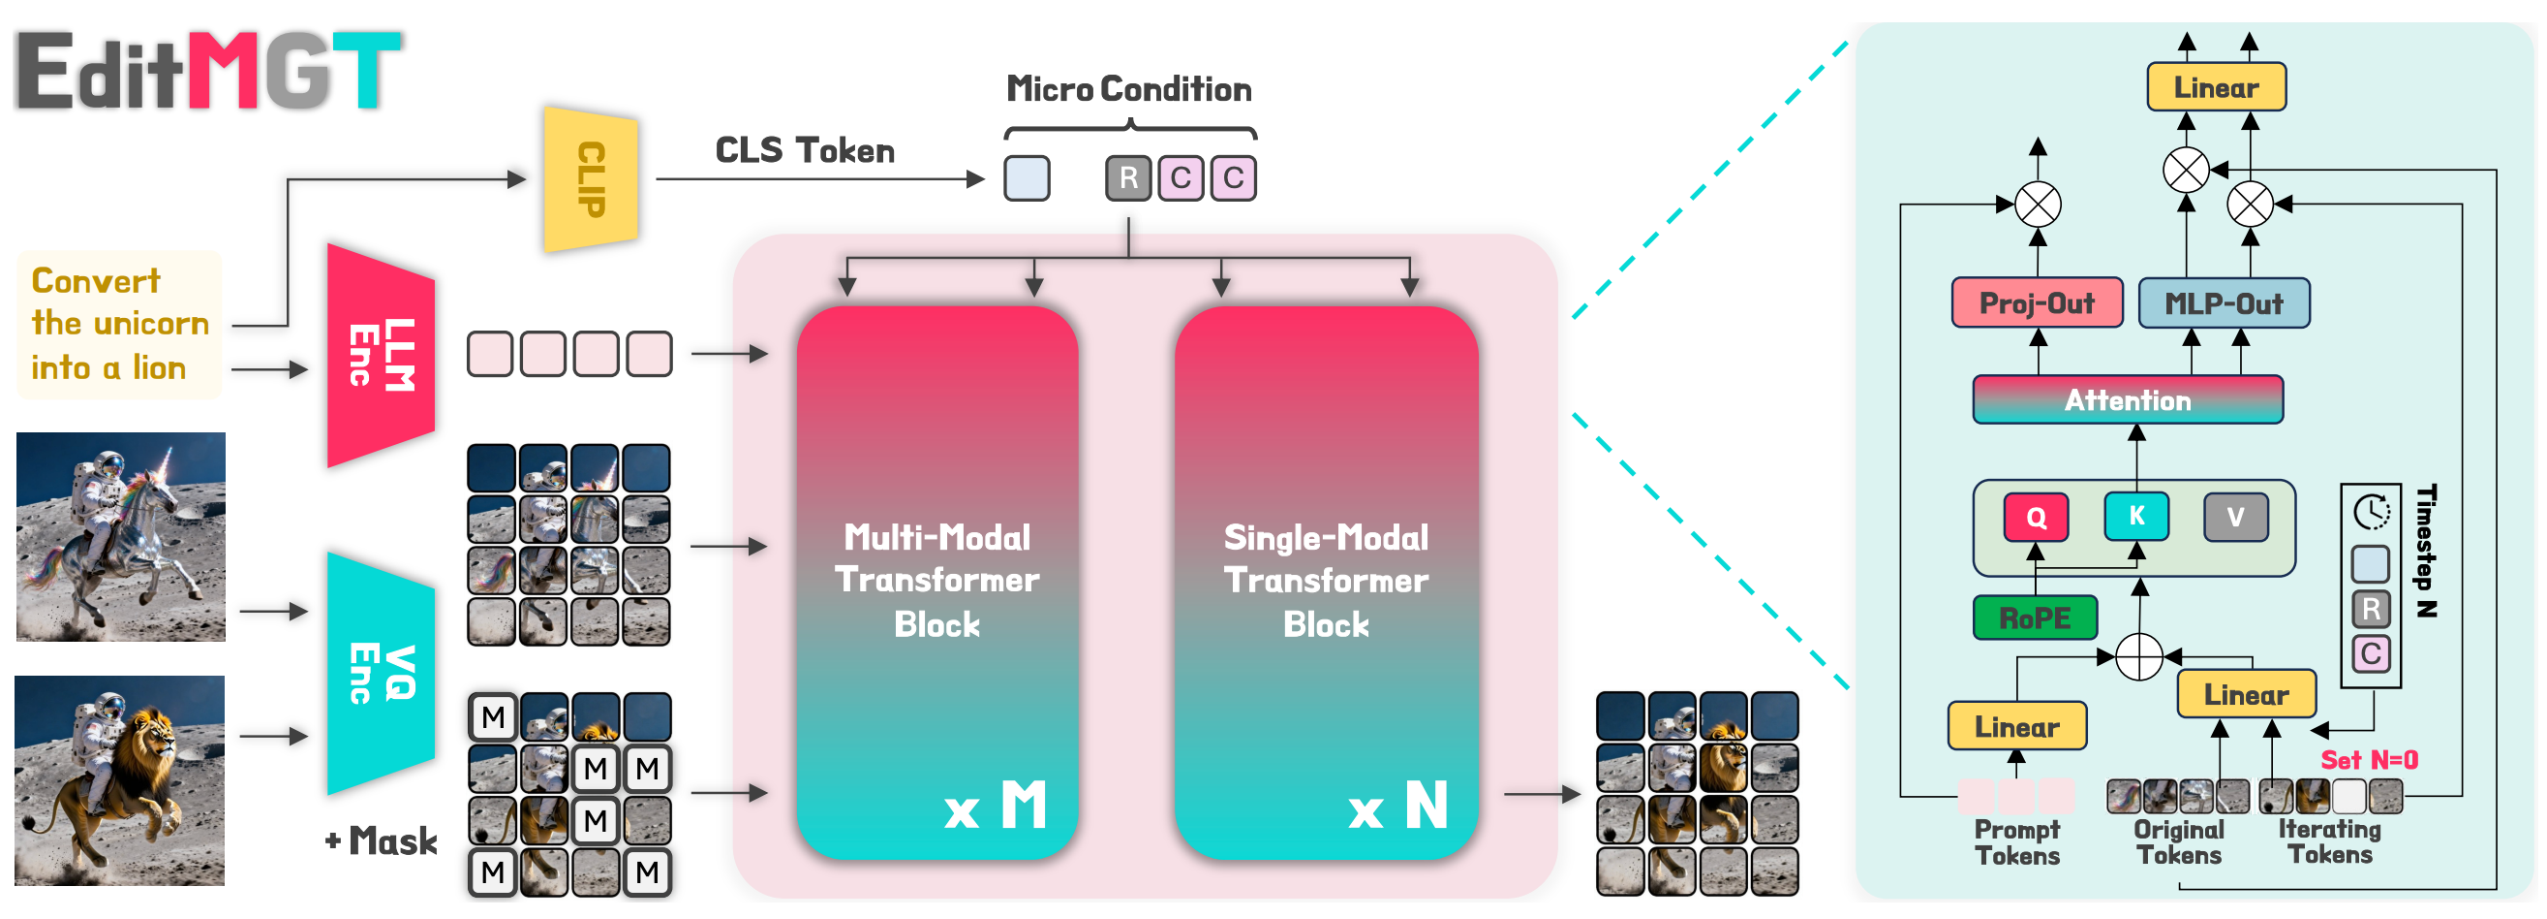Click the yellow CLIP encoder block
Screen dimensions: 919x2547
(x=591, y=179)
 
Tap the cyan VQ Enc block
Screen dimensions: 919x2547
(x=381, y=674)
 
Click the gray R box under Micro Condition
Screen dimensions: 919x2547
(x=1128, y=178)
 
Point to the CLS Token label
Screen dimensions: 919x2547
(x=804, y=150)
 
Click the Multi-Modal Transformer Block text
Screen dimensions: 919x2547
(x=936, y=581)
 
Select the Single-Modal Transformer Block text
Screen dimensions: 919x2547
(x=1326, y=581)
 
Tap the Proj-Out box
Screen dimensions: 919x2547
(x=2037, y=302)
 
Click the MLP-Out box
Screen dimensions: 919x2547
(x=2224, y=302)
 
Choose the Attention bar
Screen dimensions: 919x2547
(x=2128, y=399)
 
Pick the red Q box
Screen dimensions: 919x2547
(x=2036, y=517)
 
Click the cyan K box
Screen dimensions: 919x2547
(x=2135, y=516)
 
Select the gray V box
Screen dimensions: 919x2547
(x=2235, y=517)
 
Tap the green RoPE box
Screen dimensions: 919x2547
(x=2035, y=618)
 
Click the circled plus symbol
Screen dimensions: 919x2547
(x=2138, y=657)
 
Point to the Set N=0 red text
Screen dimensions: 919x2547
(x=2369, y=760)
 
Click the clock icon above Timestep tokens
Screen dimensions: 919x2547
(x=2371, y=512)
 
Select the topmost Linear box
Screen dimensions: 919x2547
(x=2216, y=87)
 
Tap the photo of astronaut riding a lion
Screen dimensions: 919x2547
(x=120, y=780)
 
